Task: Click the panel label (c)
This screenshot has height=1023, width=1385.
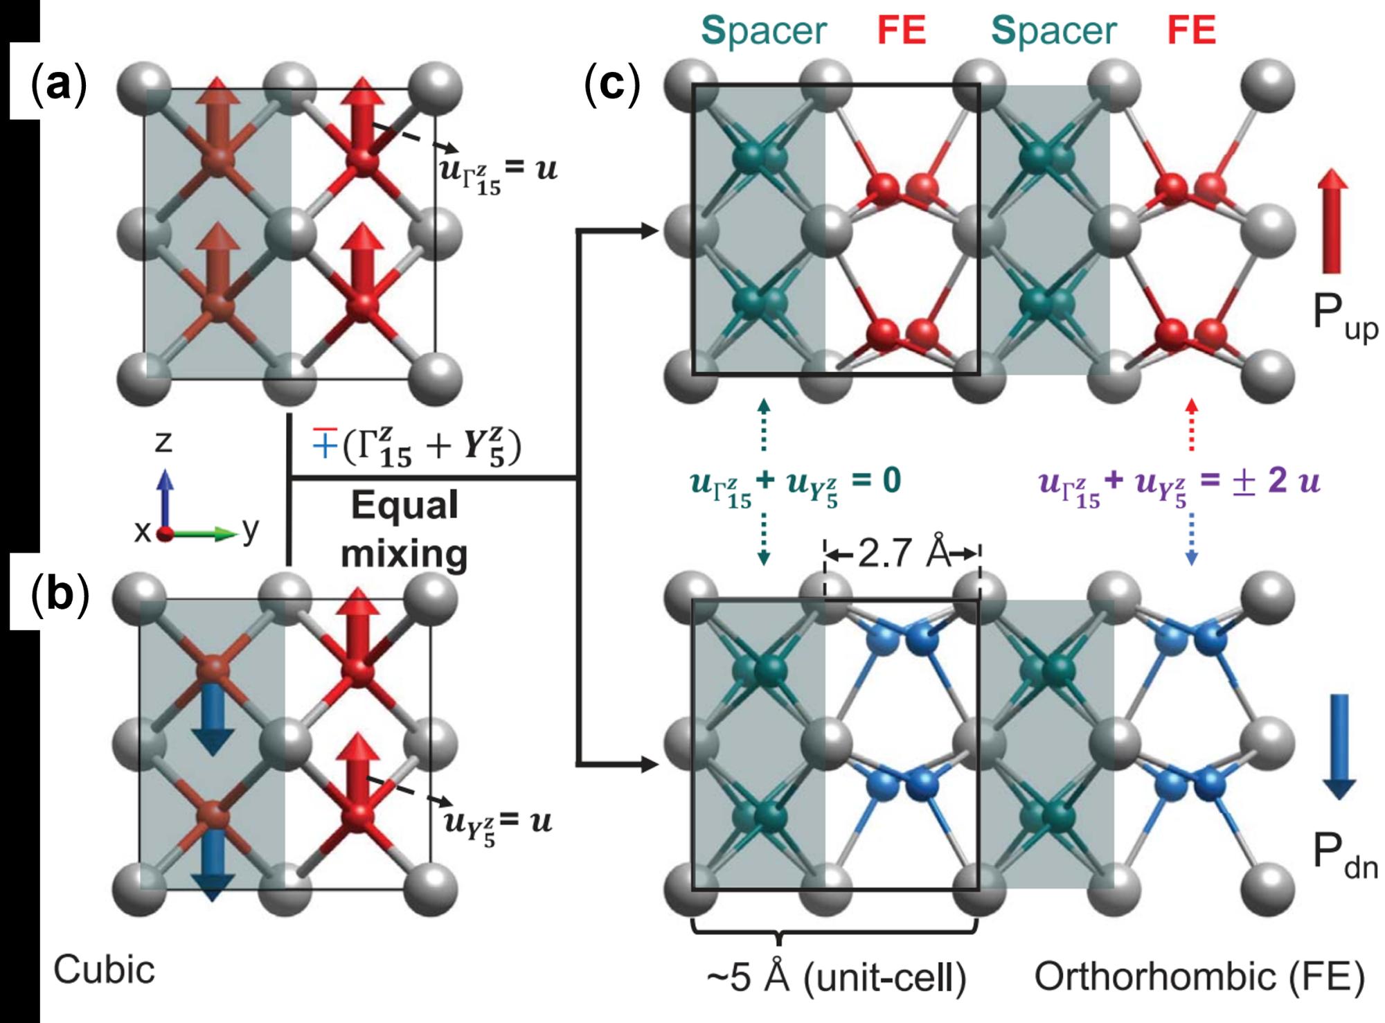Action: point(612,85)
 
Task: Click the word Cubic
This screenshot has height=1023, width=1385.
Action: point(105,970)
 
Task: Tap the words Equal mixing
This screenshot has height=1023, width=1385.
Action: point(404,530)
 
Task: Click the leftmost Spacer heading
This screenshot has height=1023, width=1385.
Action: point(764,31)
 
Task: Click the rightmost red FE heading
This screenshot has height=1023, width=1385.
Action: point(1192,31)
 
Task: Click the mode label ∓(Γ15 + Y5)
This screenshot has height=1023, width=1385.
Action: point(415,447)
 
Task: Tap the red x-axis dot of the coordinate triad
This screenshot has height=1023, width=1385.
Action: point(164,535)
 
